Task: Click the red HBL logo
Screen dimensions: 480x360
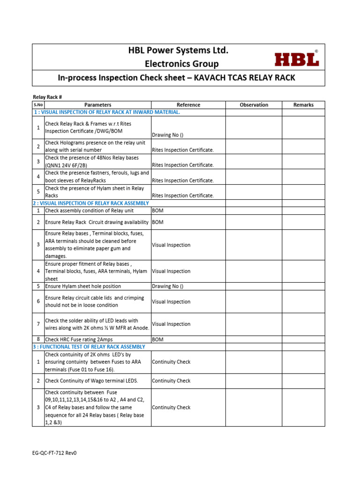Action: click(296, 59)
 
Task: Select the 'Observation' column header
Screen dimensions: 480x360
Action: click(254, 105)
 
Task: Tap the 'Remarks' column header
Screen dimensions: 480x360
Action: click(303, 105)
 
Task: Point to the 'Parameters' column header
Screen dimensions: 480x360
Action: click(97, 105)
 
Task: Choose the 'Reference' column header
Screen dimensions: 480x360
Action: click(188, 105)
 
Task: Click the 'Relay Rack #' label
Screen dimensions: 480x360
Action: click(47, 97)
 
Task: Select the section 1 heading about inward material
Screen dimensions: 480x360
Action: click(106, 112)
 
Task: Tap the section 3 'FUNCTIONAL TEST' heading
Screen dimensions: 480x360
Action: click(89, 347)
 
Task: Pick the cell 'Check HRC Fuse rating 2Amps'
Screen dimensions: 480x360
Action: click(79, 339)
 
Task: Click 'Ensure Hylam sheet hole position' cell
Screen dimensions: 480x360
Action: click(83, 286)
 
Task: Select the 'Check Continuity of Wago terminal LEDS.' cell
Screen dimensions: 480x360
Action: click(91, 381)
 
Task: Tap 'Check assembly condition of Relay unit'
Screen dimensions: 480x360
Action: click(89, 211)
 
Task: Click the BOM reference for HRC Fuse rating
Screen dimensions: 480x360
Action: click(157, 339)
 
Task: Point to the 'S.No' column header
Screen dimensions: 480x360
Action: click(38, 105)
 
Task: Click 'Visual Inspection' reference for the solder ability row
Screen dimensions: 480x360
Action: click(171, 324)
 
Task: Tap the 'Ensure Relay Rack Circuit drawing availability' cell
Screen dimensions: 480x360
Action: click(97, 222)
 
